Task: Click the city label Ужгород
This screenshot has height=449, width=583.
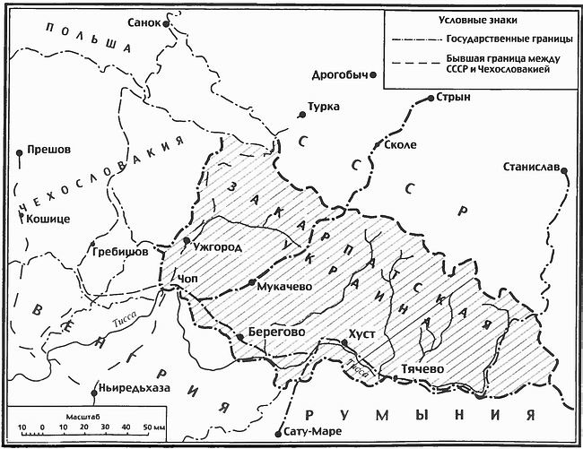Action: [217, 245]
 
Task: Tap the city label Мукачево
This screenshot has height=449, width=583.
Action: [283, 287]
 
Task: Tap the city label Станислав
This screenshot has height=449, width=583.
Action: [532, 167]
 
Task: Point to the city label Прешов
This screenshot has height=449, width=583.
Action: [49, 150]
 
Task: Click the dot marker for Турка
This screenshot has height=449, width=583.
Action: [303, 115]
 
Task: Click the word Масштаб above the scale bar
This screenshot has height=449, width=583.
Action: [83, 417]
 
